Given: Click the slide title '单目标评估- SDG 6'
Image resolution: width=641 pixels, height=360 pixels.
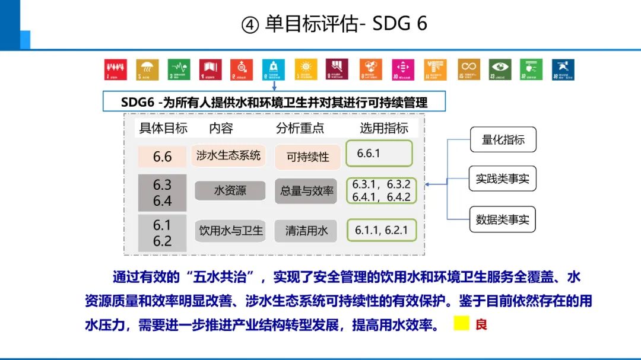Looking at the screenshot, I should (x=334, y=24).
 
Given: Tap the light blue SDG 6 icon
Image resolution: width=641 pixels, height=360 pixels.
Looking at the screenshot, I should (x=274, y=69).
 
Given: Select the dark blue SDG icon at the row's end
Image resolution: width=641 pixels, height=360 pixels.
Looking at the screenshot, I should (x=563, y=69).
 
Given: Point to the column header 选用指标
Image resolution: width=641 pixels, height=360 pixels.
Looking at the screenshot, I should (x=384, y=128).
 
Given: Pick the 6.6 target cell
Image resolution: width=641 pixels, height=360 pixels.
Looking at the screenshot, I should (x=162, y=157).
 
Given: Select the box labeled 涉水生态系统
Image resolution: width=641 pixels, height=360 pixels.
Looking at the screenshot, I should (x=229, y=155).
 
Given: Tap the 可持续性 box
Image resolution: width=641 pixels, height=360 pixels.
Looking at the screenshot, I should (x=307, y=157).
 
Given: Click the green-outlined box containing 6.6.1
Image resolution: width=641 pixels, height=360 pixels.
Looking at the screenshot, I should (x=379, y=154).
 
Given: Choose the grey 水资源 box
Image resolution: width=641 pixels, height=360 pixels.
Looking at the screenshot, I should (x=230, y=191).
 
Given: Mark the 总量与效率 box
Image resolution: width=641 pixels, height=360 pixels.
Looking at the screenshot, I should (x=306, y=191).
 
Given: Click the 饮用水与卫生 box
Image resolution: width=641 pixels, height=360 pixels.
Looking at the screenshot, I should (x=231, y=230).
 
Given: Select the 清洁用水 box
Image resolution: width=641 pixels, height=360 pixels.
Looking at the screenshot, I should (x=306, y=230).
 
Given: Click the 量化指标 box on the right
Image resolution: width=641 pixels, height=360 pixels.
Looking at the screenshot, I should (x=503, y=140).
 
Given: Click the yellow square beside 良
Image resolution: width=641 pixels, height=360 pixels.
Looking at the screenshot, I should (x=461, y=324).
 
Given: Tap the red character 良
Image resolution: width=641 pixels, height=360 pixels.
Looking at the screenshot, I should (x=480, y=324).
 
